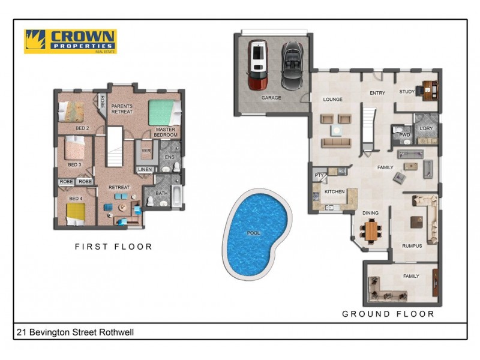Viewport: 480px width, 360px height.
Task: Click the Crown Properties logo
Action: click(x=70, y=41)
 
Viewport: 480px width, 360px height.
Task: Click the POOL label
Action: click(x=254, y=233)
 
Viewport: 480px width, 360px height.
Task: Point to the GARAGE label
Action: click(x=271, y=97)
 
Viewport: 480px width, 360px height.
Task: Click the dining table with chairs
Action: click(x=372, y=230)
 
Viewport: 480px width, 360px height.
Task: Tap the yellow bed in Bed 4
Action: click(x=75, y=212)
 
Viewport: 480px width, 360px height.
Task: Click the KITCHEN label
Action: click(x=334, y=191)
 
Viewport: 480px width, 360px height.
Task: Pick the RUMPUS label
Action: click(x=412, y=246)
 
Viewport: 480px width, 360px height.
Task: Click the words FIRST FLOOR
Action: click(x=113, y=247)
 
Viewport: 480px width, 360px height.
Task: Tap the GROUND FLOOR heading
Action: click(x=388, y=314)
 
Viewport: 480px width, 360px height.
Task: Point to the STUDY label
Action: click(x=407, y=92)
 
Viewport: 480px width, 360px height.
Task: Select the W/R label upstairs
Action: click(x=146, y=151)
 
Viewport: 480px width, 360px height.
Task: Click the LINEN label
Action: click(x=145, y=170)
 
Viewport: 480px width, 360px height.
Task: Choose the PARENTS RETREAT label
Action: click(x=122, y=109)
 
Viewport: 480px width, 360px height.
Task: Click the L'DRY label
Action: click(x=426, y=128)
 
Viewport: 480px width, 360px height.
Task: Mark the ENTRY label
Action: click(x=377, y=93)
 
